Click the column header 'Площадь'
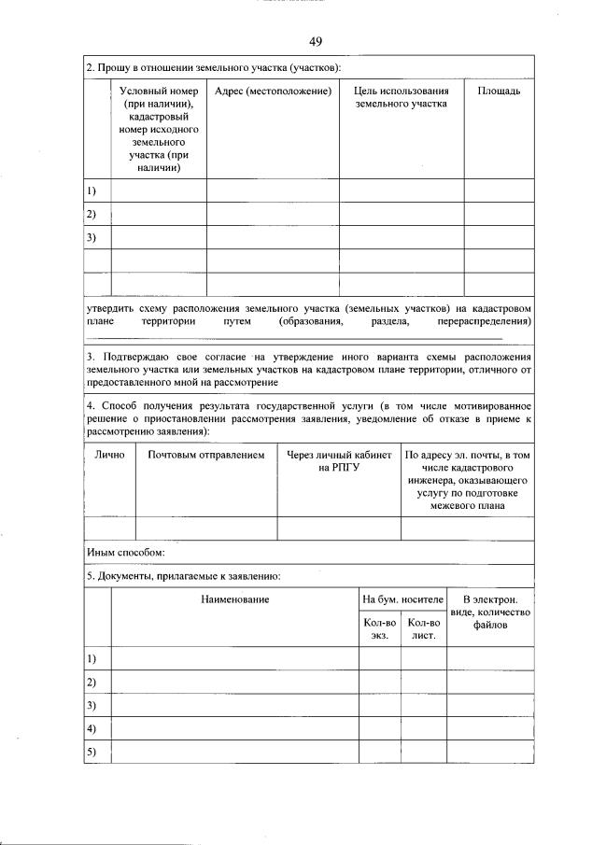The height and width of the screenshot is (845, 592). tap(499, 91)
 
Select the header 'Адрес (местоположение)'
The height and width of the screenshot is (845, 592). tap(273, 91)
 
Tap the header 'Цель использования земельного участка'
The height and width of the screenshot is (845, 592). tap(402, 97)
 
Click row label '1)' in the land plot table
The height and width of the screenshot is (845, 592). tap(92, 190)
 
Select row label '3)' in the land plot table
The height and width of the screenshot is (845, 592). tap(92, 237)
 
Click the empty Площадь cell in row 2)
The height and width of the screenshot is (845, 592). tap(499, 214)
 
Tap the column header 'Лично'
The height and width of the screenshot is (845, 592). tap(109, 455)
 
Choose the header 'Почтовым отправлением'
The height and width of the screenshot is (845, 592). tap(206, 455)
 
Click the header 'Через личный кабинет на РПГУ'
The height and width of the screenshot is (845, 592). tap(339, 461)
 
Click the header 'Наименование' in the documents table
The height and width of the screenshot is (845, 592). tap(234, 598)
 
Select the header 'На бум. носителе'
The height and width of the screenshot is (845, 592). tap(402, 598)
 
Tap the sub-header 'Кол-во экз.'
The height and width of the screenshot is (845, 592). tap(379, 628)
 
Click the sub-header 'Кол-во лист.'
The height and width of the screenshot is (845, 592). tap(424, 628)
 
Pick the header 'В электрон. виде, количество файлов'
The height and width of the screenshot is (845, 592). tap(489, 611)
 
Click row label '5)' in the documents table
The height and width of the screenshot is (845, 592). tap(92, 752)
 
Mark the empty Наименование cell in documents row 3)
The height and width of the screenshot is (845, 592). tap(234, 705)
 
